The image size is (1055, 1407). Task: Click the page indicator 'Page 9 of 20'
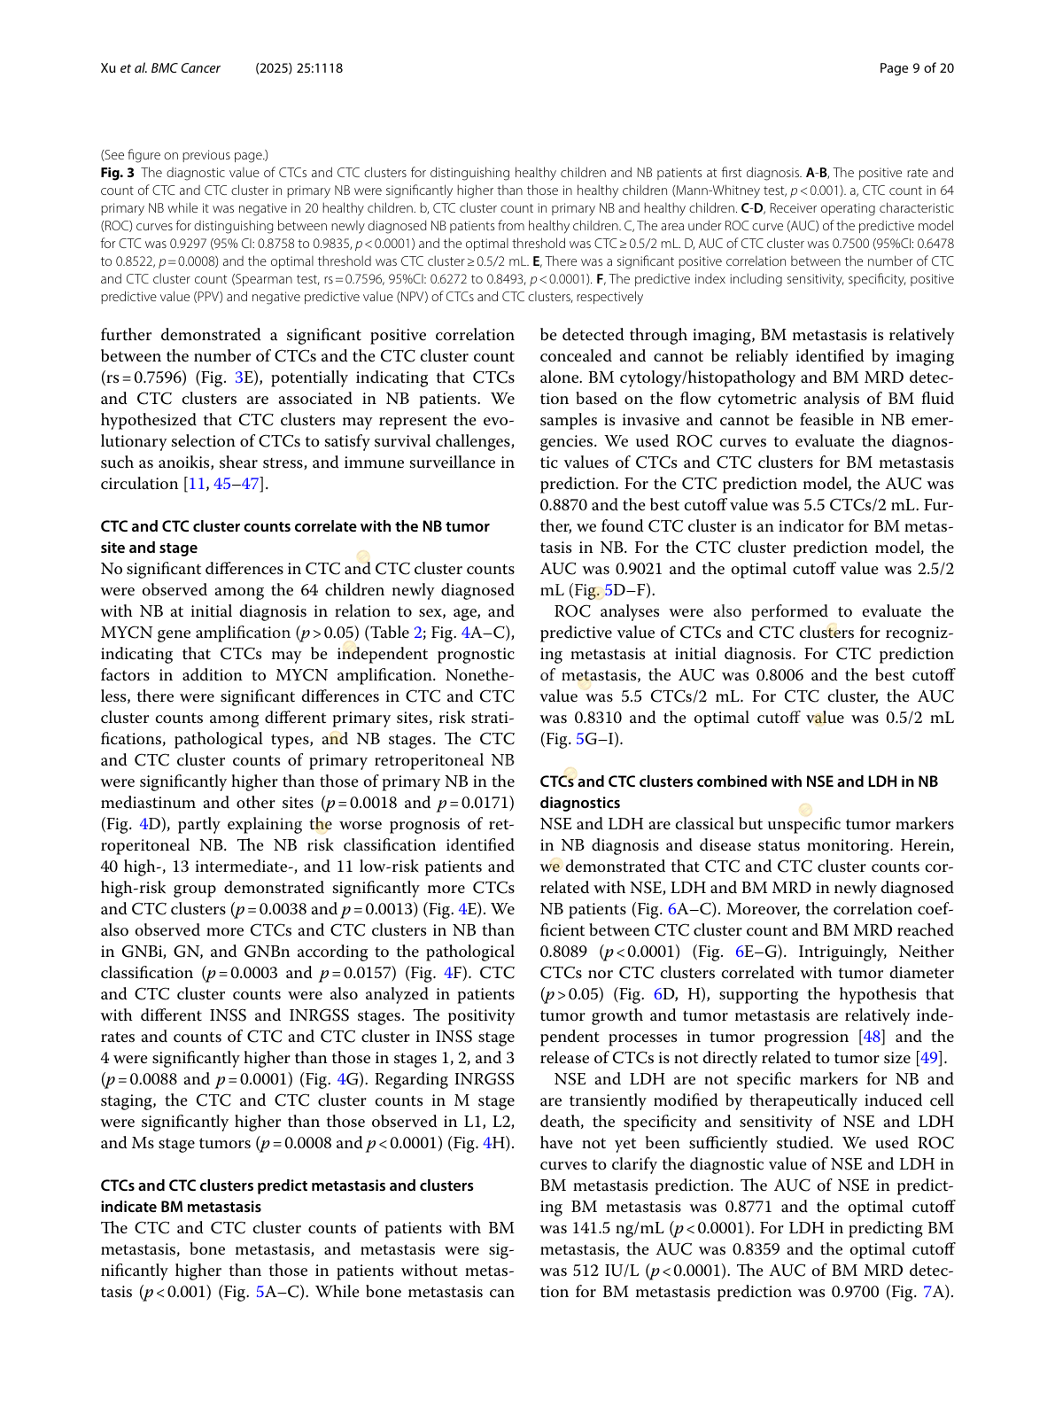pyautogui.click(x=916, y=68)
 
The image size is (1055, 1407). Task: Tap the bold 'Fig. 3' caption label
pyautogui.click(x=117, y=173)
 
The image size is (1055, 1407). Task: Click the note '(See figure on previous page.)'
pyautogui.click(x=184, y=155)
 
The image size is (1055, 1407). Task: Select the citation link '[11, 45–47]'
pyautogui.click(x=225, y=484)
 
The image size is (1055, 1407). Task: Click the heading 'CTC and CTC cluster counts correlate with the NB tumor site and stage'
pyautogui.click(x=294, y=537)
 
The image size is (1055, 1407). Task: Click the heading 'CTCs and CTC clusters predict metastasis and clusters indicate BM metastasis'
pyautogui.click(x=286, y=1196)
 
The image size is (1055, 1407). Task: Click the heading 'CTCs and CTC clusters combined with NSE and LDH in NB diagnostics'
pyautogui.click(x=738, y=792)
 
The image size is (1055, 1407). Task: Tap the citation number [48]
pyautogui.click(x=872, y=1037)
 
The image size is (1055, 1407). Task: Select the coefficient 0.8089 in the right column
pyautogui.click(x=563, y=952)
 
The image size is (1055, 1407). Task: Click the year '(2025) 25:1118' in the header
pyautogui.click(x=299, y=68)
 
